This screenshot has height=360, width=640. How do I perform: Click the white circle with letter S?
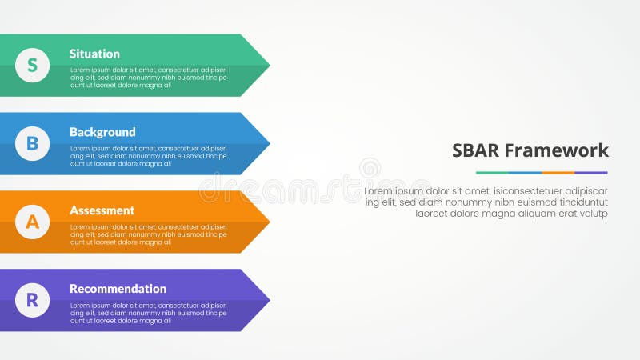click(x=32, y=66)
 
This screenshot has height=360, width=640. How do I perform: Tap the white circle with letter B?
click(x=32, y=144)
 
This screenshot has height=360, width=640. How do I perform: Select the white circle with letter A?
click(x=32, y=222)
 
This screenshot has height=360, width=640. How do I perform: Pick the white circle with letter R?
click(x=32, y=300)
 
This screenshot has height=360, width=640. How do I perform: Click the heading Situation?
click(x=94, y=54)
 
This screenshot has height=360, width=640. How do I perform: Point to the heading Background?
click(x=102, y=132)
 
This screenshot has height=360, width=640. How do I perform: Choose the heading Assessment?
click(x=102, y=210)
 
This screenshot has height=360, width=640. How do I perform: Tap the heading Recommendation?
click(x=118, y=289)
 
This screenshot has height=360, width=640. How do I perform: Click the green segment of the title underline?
click(x=492, y=173)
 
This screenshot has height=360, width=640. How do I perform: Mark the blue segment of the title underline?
click(x=525, y=173)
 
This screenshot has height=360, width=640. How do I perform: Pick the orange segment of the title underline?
click(x=558, y=173)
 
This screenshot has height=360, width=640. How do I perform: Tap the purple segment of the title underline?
click(x=591, y=173)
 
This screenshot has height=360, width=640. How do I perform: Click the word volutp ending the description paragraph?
click(x=592, y=214)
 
